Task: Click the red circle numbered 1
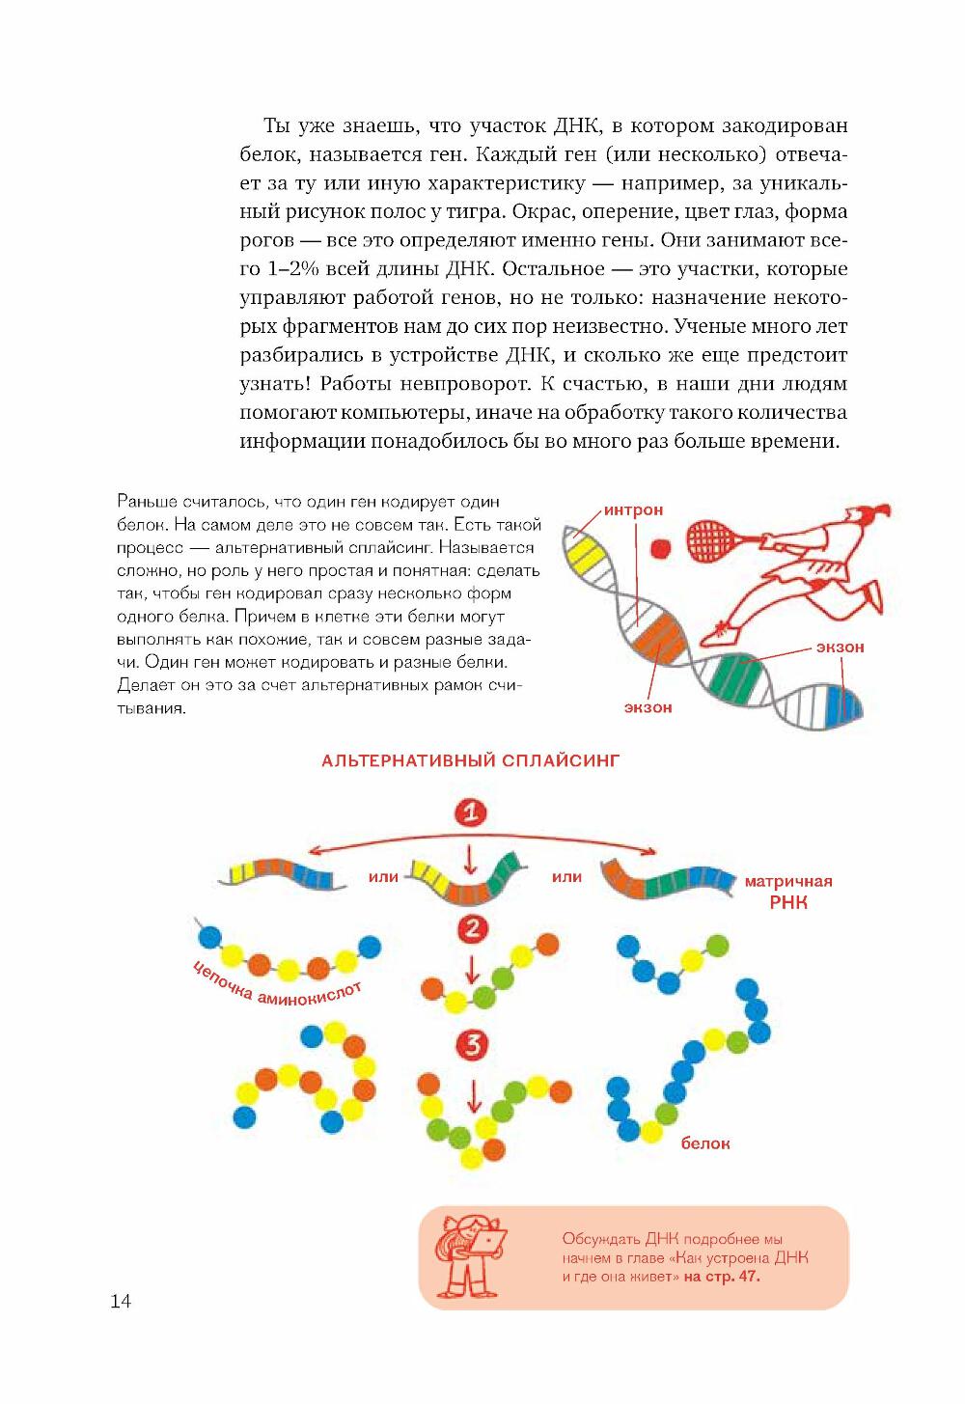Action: [x=471, y=812]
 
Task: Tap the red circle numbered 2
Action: [x=472, y=929]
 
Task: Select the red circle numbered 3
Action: [x=472, y=1044]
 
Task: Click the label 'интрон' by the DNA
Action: [x=634, y=509]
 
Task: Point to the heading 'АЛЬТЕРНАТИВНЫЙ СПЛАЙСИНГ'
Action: [x=470, y=760]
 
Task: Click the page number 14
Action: [x=121, y=1301]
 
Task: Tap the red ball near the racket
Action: [x=661, y=549]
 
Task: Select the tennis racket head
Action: [x=711, y=537]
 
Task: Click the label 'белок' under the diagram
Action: [x=705, y=1143]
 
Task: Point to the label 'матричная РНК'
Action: [x=788, y=892]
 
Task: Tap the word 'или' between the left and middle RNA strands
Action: [x=383, y=877]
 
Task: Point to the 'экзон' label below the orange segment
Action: [x=648, y=707]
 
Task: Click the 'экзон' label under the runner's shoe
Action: [x=840, y=647]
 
